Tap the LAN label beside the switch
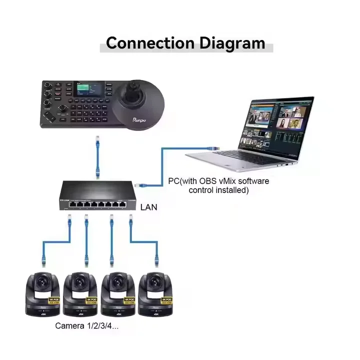(x=149, y=206)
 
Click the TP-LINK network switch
(x=95, y=195)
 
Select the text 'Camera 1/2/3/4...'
(x=87, y=326)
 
